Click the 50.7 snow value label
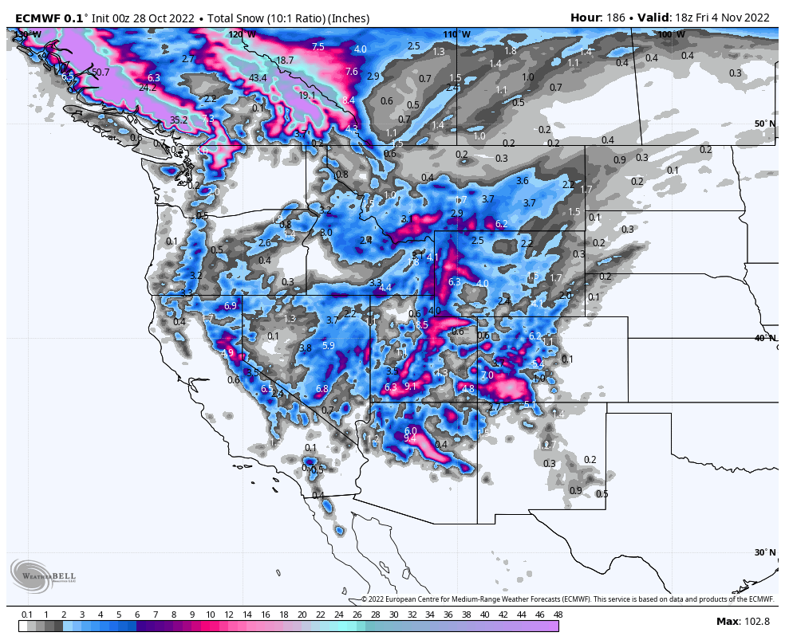coord(100,73)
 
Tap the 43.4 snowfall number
coord(258,78)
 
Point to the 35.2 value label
coord(179,120)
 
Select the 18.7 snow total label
coord(285,60)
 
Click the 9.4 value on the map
coord(411,438)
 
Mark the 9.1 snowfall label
coord(411,386)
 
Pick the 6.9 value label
coord(231,306)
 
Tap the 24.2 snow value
coord(148,88)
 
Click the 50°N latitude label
coord(764,124)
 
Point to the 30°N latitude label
coord(764,552)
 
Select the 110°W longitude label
coord(457,34)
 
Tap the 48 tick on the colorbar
coord(558,615)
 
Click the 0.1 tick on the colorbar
coord(27,615)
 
